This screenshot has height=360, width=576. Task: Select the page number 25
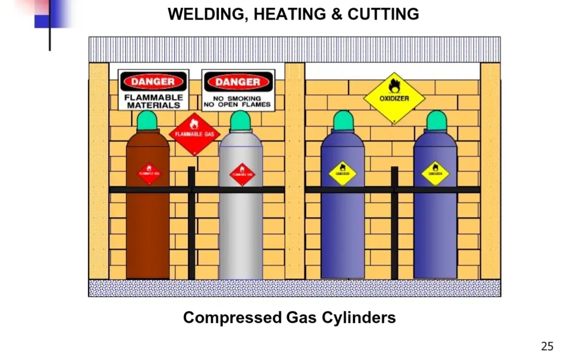(x=547, y=346)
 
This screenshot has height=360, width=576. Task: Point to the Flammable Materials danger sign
(x=154, y=90)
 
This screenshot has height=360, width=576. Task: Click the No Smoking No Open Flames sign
(x=237, y=90)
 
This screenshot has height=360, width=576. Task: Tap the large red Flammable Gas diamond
(x=195, y=133)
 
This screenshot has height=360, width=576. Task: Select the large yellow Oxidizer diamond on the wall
(x=394, y=98)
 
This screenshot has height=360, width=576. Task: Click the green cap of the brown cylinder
(x=147, y=120)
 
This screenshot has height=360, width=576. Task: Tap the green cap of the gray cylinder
(x=240, y=120)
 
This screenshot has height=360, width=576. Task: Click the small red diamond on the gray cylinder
(x=242, y=174)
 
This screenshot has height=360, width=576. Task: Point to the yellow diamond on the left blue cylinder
(x=342, y=174)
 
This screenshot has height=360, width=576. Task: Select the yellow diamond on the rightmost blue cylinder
(x=435, y=173)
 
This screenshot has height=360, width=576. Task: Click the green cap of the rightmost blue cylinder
(x=436, y=120)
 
